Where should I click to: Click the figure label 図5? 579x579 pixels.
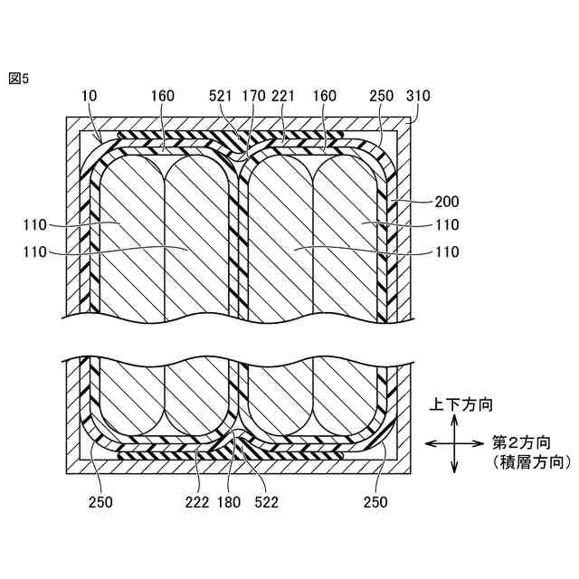18,79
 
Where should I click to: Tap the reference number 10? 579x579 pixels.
89,94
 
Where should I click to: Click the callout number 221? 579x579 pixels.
285,94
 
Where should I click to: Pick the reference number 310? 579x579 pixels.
419,94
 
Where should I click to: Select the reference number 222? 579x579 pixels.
199,502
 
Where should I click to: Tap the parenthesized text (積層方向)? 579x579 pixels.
529,462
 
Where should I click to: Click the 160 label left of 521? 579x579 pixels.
163,94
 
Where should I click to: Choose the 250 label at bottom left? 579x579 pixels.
101,502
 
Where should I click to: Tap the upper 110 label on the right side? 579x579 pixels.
447,225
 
